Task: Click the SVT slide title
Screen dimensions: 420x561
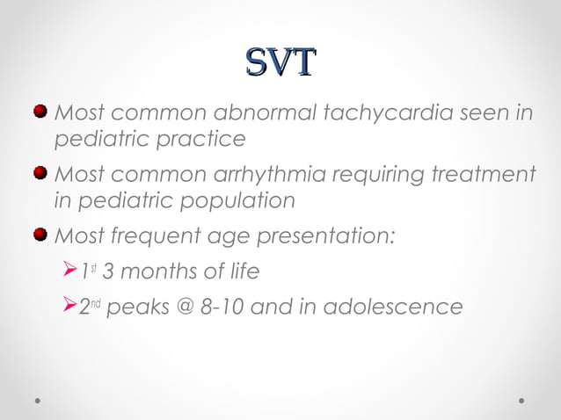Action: tap(280, 62)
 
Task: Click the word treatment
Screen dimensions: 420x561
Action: tap(478, 174)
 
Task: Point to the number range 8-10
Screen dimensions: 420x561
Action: tap(239, 307)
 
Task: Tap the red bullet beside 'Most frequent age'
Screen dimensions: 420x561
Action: tap(40, 235)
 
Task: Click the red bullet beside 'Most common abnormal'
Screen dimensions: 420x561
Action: tap(40, 112)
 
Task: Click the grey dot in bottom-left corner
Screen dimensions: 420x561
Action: tap(39, 400)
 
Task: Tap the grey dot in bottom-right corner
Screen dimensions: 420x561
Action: tap(522, 400)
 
